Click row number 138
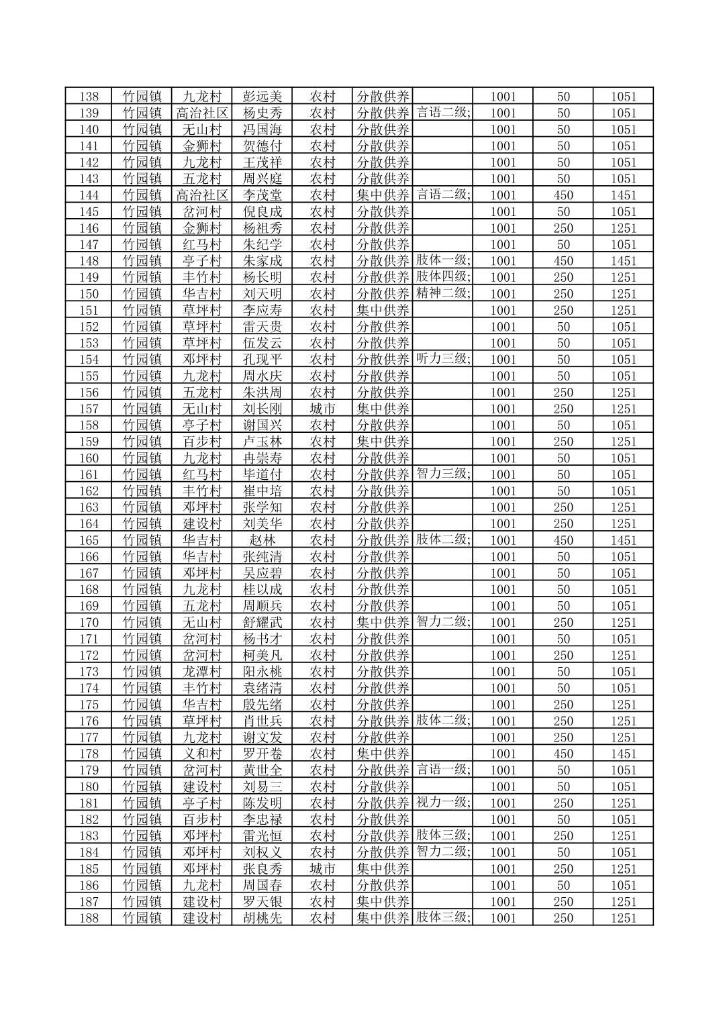click(x=89, y=97)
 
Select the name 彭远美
click(x=262, y=97)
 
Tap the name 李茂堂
click(x=262, y=195)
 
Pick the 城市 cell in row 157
click(x=322, y=409)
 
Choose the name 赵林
click(x=262, y=540)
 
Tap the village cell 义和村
click(x=202, y=754)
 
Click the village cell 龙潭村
click(x=202, y=672)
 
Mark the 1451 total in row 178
click(x=623, y=754)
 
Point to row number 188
click(x=89, y=918)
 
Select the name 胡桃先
click(x=262, y=918)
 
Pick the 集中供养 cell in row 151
click(x=383, y=310)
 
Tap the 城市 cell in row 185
click(x=322, y=869)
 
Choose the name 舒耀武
click(x=262, y=623)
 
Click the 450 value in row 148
click(x=563, y=261)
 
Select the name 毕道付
click(x=262, y=474)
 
